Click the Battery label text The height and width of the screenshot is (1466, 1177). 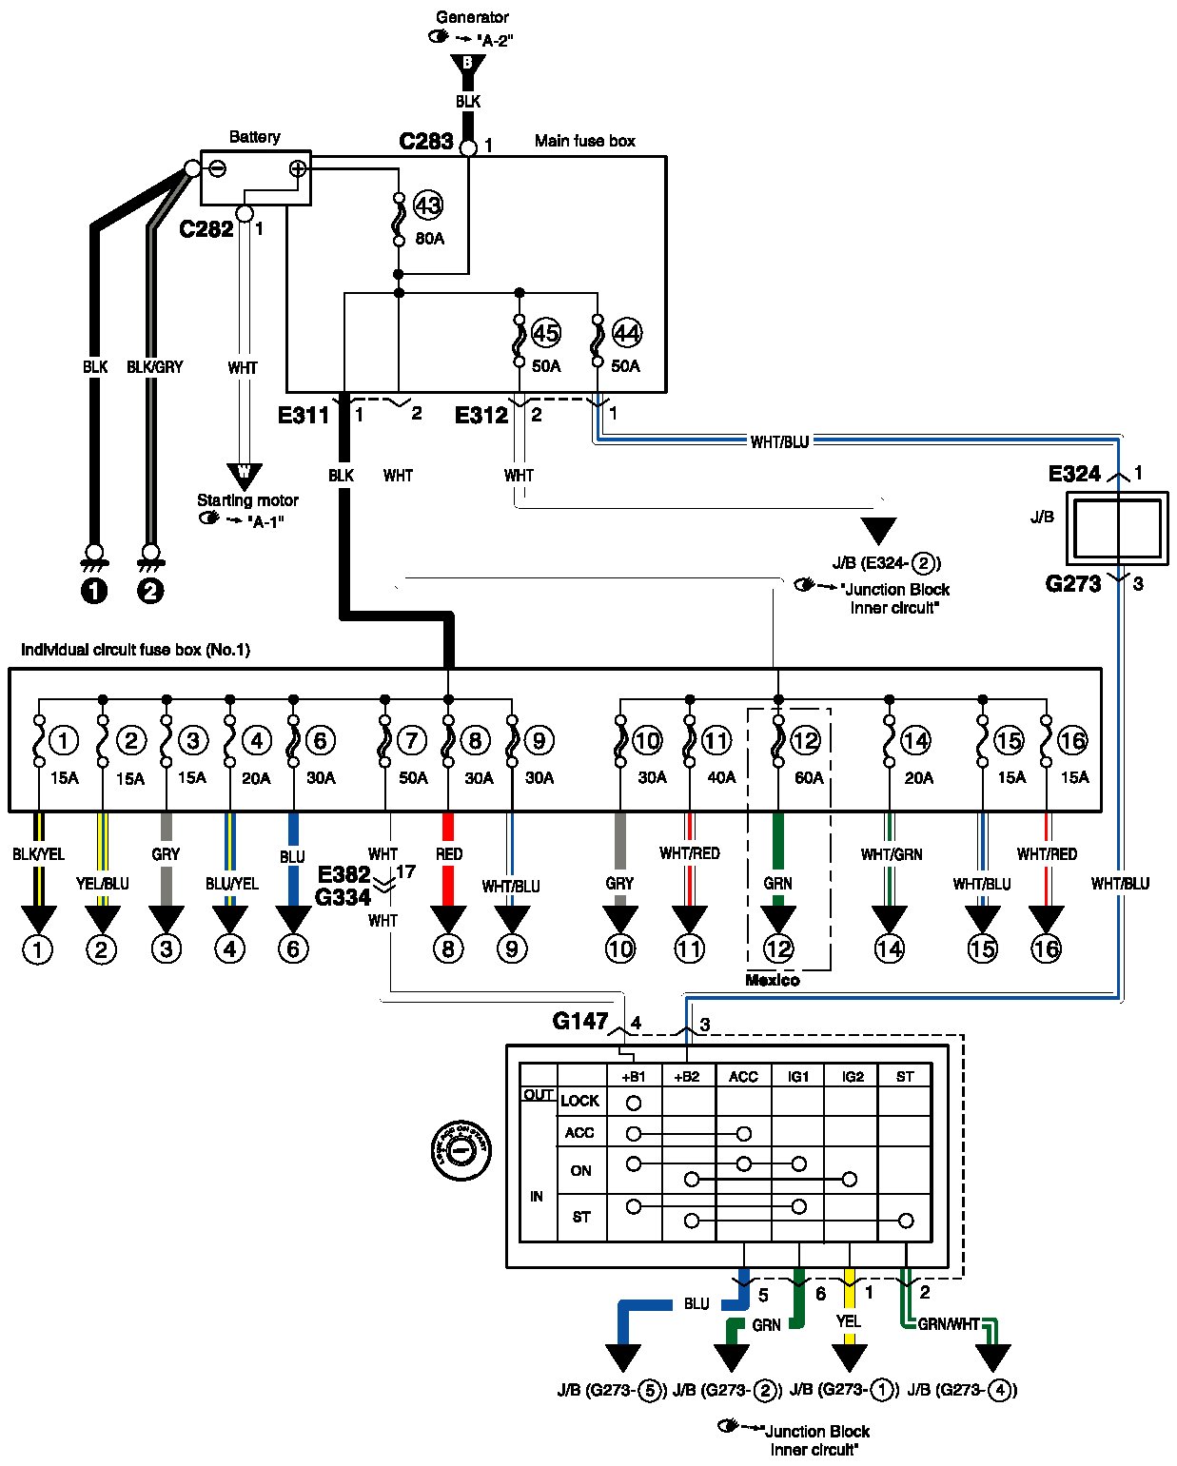click(x=254, y=137)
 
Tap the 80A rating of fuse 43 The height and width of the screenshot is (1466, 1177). click(x=429, y=238)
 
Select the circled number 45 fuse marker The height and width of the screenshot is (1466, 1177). click(x=545, y=333)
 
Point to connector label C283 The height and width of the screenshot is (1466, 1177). click(x=425, y=142)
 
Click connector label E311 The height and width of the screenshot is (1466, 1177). click(x=304, y=415)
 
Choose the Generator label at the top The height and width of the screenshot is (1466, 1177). click(x=472, y=17)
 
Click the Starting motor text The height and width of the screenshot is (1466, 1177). click(x=247, y=500)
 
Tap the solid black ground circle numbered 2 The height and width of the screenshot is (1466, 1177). click(x=150, y=591)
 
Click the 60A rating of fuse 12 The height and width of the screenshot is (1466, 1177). click(x=809, y=778)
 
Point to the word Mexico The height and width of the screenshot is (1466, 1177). click(x=772, y=980)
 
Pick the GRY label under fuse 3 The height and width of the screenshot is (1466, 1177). click(x=166, y=854)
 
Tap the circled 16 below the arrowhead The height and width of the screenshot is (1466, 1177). click(x=1046, y=948)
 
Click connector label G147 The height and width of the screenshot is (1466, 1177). click(x=579, y=1022)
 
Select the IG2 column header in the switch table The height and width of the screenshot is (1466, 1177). click(x=853, y=1077)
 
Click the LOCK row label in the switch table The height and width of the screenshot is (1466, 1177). click(x=579, y=1101)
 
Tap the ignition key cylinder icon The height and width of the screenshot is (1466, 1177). click(x=461, y=1150)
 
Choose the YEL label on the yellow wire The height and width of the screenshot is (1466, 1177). click(x=849, y=1321)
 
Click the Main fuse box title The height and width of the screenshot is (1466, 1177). click(x=584, y=141)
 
